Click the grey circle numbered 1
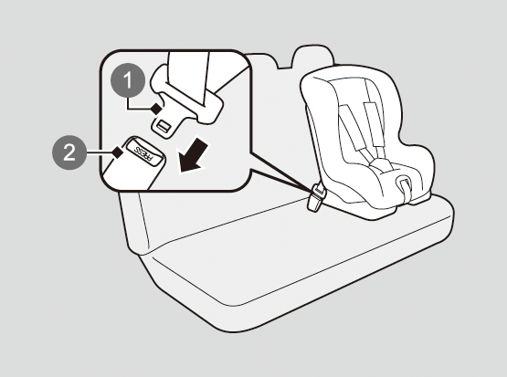(x=128, y=80)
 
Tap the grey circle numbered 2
(x=69, y=152)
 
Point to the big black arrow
(x=193, y=155)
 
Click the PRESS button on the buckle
(x=144, y=152)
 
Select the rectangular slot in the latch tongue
(x=164, y=125)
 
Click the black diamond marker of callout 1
(x=157, y=109)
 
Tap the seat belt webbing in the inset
(x=189, y=78)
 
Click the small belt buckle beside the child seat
(x=317, y=197)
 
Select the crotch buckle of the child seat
(x=404, y=185)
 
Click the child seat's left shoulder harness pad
(x=350, y=128)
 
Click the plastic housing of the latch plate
(x=187, y=97)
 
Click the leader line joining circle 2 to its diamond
(x=100, y=152)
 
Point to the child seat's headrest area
(x=353, y=89)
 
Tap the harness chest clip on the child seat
(x=382, y=164)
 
